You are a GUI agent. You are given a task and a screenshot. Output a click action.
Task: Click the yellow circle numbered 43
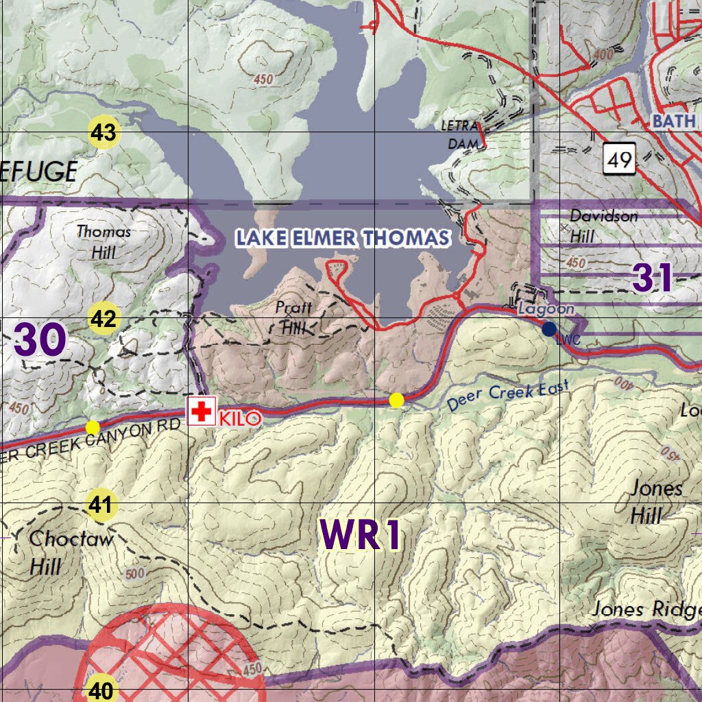pyautogui.click(x=104, y=132)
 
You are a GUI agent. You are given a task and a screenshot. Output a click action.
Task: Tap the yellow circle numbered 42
pyautogui.click(x=104, y=319)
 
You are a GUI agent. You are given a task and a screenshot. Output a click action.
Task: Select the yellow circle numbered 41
pyautogui.click(x=101, y=506)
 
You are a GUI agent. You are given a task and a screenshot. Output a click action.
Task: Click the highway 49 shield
pyautogui.click(x=619, y=160)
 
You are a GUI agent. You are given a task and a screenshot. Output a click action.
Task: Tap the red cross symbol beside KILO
pyautogui.click(x=202, y=411)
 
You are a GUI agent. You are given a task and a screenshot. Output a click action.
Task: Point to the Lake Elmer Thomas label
pyautogui.click(x=343, y=239)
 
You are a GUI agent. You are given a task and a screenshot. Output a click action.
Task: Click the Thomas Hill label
pyautogui.click(x=104, y=242)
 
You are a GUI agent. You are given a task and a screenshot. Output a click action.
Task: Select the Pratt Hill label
pyautogui.click(x=293, y=317)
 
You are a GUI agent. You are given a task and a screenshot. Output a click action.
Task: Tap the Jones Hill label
pyautogui.click(x=655, y=501)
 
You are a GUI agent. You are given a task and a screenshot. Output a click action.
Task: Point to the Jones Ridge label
pyautogui.click(x=646, y=609)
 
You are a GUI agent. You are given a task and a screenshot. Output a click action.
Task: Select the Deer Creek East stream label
pyautogui.click(x=508, y=397)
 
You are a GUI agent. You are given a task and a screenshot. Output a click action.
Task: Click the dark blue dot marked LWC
pyautogui.click(x=548, y=330)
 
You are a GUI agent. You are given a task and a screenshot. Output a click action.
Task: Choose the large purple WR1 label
pyautogui.click(x=361, y=535)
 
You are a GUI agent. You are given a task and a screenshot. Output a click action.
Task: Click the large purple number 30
pyautogui.click(x=39, y=340)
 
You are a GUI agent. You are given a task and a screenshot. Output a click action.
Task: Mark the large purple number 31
pyautogui.click(x=653, y=278)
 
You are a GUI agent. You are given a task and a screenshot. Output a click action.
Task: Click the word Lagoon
pyautogui.click(x=546, y=309)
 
